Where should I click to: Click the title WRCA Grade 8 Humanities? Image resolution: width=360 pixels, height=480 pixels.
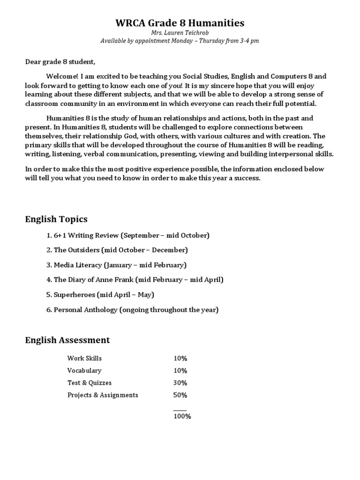tap(180, 23)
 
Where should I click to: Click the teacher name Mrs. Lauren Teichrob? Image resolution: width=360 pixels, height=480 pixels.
tap(180, 33)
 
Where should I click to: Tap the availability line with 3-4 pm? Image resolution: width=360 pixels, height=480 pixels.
tap(180, 41)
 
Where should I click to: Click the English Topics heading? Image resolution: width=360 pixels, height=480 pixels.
tap(56, 219)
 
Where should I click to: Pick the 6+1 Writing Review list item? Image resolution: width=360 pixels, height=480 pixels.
tap(127, 235)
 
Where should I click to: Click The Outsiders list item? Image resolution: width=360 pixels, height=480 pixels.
tap(117, 250)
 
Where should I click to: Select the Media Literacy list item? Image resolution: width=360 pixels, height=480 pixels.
tap(116, 265)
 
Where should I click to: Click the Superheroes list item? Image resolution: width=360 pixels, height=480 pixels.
tap(100, 294)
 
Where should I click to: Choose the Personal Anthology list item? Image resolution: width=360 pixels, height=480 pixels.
tap(132, 309)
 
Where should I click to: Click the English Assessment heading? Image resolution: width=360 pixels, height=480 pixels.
tap(67, 340)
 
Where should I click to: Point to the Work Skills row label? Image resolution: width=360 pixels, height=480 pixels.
tap(84, 358)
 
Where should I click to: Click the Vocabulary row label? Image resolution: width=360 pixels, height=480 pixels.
tap(84, 370)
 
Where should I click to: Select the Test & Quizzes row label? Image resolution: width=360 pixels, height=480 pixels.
tap(90, 382)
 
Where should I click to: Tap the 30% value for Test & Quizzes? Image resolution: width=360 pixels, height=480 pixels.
tap(180, 382)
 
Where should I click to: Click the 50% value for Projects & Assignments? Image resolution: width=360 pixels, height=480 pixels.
tap(180, 395)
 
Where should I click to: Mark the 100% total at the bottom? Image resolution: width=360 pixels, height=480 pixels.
tap(182, 416)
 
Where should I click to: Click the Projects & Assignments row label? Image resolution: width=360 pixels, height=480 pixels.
tap(103, 395)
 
